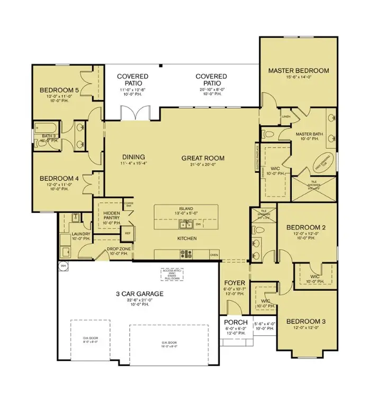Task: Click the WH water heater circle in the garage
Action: tap(64, 266)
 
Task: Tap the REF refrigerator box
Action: tap(128, 233)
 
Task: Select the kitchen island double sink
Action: tap(186, 224)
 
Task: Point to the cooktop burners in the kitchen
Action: tap(186, 254)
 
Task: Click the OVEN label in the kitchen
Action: tap(214, 255)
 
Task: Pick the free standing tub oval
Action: tap(321, 162)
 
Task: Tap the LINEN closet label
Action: tap(286, 116)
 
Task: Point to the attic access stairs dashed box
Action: tap(173, 274)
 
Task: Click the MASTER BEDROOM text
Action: tap(298, 70)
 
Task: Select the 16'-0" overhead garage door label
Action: tap(169, 343)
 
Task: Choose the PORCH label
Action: tap(232, 322)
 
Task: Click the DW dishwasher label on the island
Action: tap(197, 224)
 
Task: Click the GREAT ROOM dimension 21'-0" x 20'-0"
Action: tap(203, 165)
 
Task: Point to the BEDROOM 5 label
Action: tap(59, 90)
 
